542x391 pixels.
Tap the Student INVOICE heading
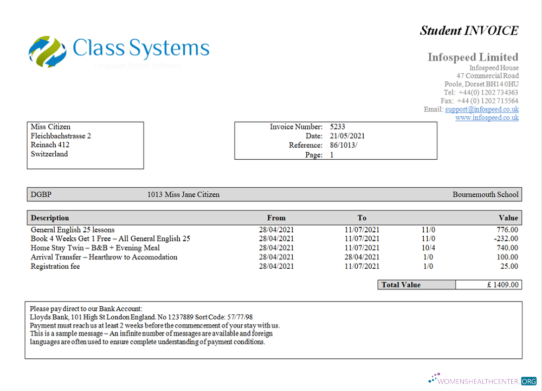[469, 30]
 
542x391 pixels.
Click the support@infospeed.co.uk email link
[482, 109]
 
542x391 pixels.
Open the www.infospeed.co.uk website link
[487, 117]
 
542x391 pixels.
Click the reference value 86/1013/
[344, 145]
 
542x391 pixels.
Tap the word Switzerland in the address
[49, 154]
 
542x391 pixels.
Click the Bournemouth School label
[485, 194]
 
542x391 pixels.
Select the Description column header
[50, 218]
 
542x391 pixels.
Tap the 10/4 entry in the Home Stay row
[428, 248]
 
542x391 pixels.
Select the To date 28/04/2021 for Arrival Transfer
[362, 257]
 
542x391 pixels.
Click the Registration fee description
[55, 266]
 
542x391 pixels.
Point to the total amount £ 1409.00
[502, 285]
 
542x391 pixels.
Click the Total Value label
[401, 285]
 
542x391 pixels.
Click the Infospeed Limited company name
[473, 57]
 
